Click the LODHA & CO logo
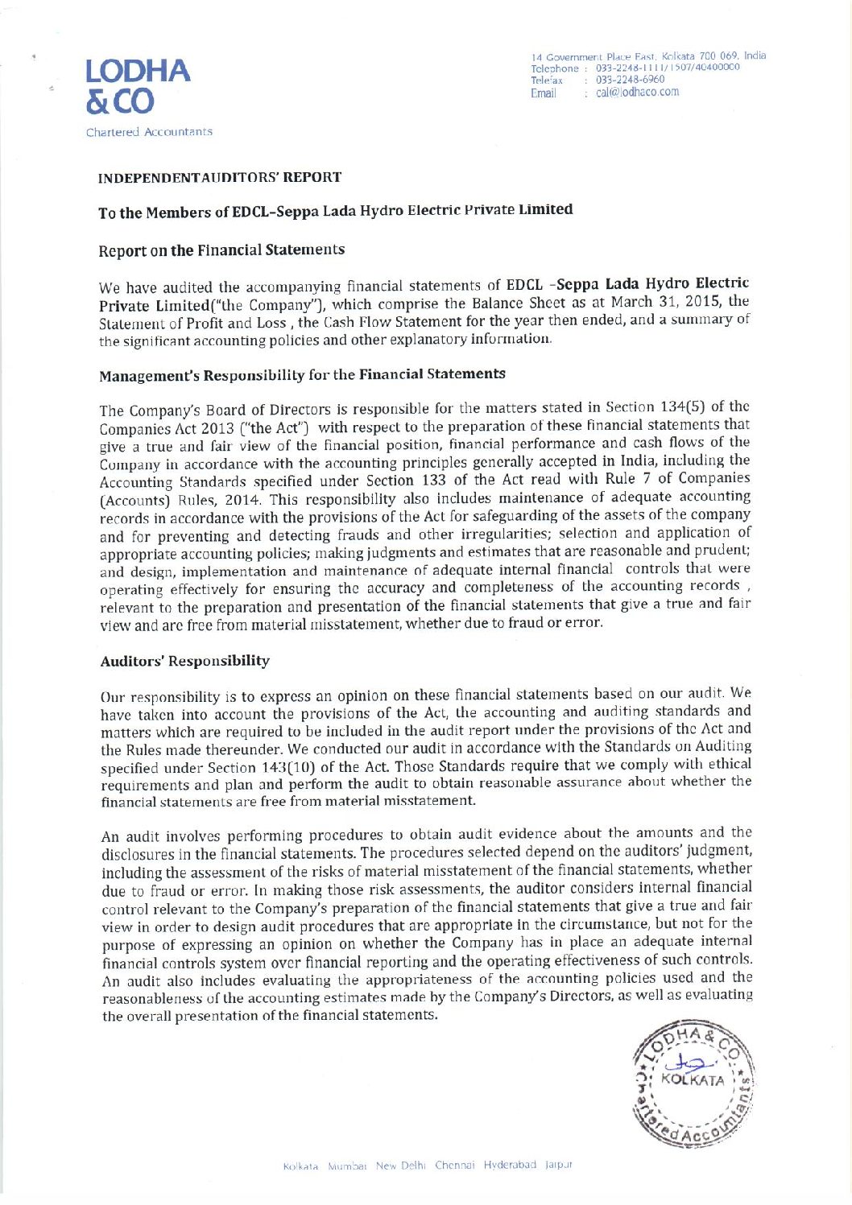click(138, 86)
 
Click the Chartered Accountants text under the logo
click(149, 132)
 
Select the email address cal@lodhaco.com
click(637, 93)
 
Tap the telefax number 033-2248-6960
click(630, 80)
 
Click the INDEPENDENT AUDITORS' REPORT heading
click(219, 177)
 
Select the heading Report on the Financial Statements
click(221, 250)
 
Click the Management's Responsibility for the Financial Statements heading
click(302, 375)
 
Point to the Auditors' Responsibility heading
click(184, 661)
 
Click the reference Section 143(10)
click(270, 766)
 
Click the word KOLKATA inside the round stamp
click(693, 1080)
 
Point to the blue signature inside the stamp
click(693, 1063)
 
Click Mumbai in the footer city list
click(347, 1166)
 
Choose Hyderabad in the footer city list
click(510, 1165)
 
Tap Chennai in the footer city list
click(455, 1166)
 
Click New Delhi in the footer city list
click(400, 1166)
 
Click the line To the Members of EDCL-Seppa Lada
click(335, 212)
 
